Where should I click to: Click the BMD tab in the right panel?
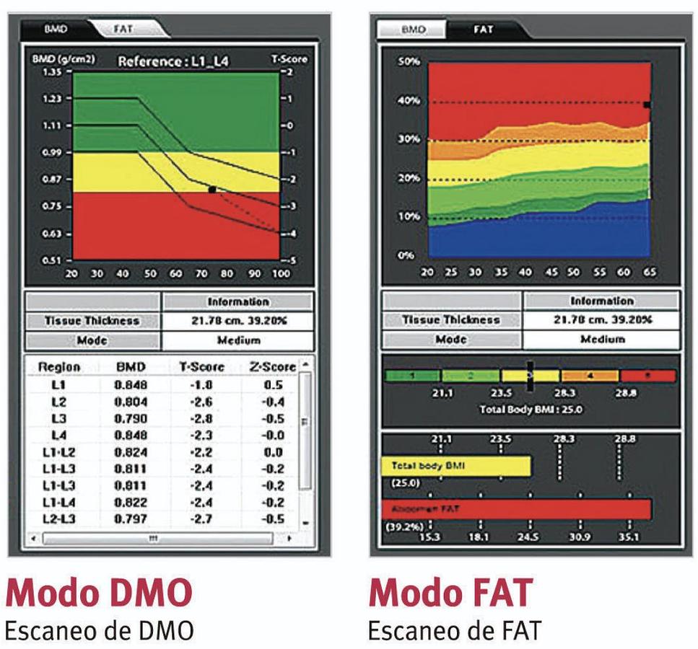click(x=414, y=30)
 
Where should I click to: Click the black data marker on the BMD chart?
click(x=211, y=189)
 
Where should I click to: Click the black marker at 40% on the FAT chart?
click(x=647, y=105)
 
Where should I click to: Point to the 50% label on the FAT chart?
click(x=407, y=62)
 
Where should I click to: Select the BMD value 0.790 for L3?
click(x=131, y=419)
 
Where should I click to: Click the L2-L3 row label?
click(x=59, y=519)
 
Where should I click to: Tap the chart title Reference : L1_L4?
click(x=173, y=61)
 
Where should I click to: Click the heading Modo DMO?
click(x=99, y=592)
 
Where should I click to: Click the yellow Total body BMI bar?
click(x=455, y=467)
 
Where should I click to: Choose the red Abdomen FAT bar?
click(x=516, y=509)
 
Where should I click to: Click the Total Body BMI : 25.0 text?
click(x=531, y=410)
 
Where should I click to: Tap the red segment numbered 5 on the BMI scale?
click(x=647, y=376)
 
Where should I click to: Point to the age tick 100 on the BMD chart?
click(x=280, y=274)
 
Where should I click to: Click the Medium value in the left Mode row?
click(x=237, y=340)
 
